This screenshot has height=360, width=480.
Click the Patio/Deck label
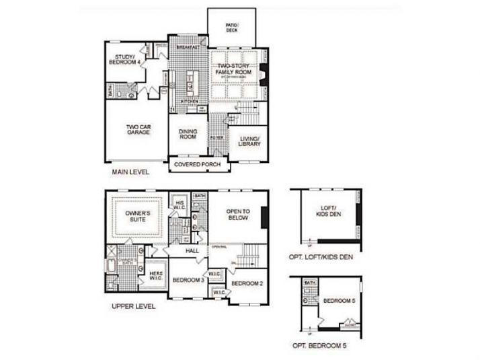click(x=232, y=28)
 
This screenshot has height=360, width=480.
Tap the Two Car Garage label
click(x=138, y=129)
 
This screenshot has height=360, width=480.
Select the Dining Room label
click(x=188, y=133)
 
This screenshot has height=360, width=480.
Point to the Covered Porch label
click(x=197, y=164)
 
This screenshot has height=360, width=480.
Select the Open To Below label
click(x=237, y=214)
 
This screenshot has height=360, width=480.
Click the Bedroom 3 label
click(x=188, y=280)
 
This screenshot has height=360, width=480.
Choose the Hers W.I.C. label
click(x=155, y=276)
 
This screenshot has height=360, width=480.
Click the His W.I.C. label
click(x=179, y=205)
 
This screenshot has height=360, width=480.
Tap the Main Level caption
click(x=130, y=172)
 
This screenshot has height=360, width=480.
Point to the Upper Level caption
click(x=133, y=306)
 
